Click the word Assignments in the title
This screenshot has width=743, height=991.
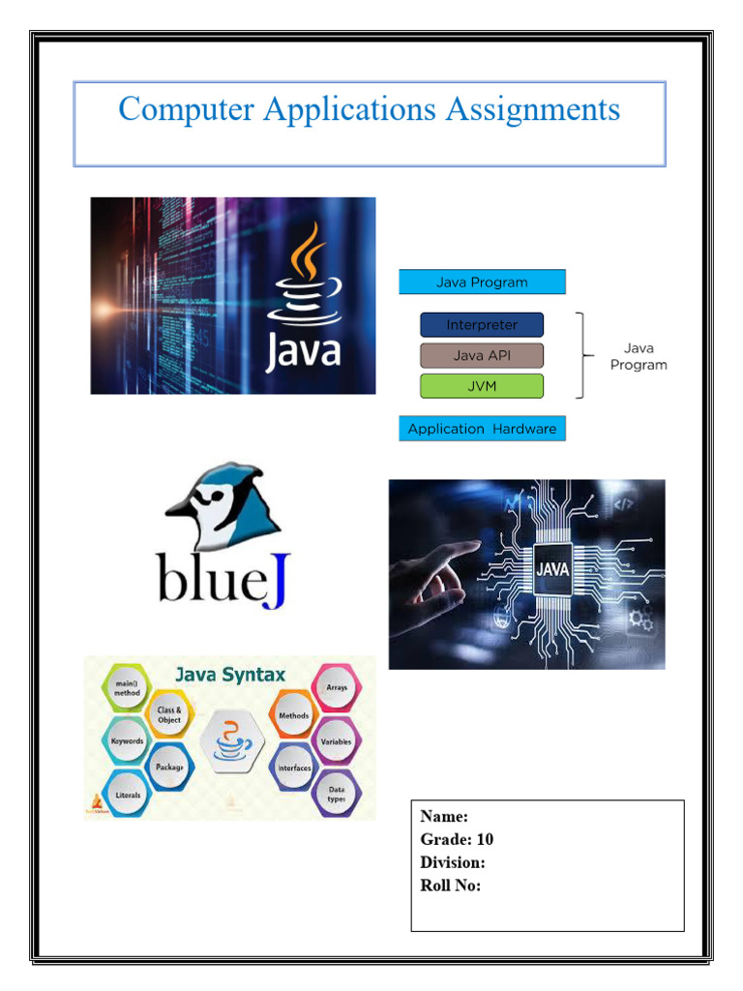532,108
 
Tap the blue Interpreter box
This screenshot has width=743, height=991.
482,325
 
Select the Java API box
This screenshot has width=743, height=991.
482,355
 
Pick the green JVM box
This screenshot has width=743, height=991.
482,386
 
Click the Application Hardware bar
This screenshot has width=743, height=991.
482,429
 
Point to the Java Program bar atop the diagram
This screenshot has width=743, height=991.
482,283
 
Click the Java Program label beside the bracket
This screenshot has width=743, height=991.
639,356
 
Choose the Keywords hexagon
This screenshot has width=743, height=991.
126,740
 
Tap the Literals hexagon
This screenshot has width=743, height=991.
128,795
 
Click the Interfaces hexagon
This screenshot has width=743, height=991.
294,767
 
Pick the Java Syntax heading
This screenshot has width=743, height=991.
230,675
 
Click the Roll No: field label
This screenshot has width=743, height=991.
450,886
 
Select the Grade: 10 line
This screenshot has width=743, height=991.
457,839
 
